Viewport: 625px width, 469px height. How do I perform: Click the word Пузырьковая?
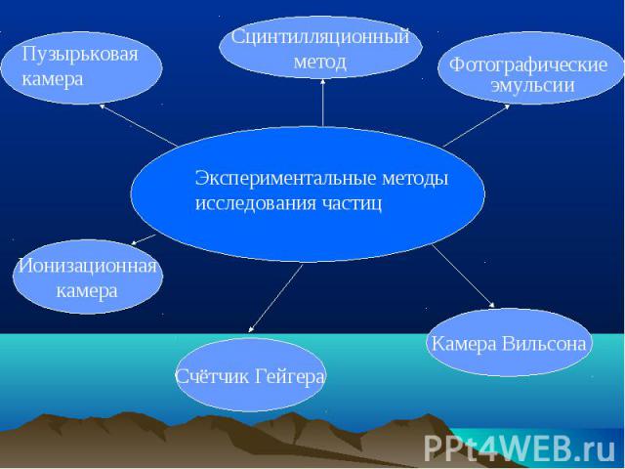[80, 55]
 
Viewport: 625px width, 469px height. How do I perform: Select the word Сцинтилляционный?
[320, 38]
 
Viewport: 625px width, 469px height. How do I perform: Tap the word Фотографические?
[528, 65]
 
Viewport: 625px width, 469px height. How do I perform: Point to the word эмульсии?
[532, 85]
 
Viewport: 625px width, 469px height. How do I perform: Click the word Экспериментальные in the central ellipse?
[286, 178]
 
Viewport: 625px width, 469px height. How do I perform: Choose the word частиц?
[352, 203]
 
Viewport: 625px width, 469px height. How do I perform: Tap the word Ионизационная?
[88, 266]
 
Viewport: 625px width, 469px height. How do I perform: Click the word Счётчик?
[213, 376]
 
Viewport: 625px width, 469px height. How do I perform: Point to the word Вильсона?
[544, 343]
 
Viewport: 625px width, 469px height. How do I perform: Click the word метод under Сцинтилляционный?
[320, 62]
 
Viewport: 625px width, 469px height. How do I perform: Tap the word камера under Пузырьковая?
[53, 79]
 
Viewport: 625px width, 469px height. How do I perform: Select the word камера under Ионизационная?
[87, 291]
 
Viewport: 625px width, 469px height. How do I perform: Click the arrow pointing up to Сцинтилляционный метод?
[323, 103]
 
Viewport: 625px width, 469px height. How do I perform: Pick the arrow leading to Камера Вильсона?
[463, 276]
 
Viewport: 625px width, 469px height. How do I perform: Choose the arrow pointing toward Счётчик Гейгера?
[275, 298]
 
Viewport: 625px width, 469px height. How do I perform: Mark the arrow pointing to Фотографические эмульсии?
[477, 125]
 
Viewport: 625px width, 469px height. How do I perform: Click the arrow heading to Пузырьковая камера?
[139, 125]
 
